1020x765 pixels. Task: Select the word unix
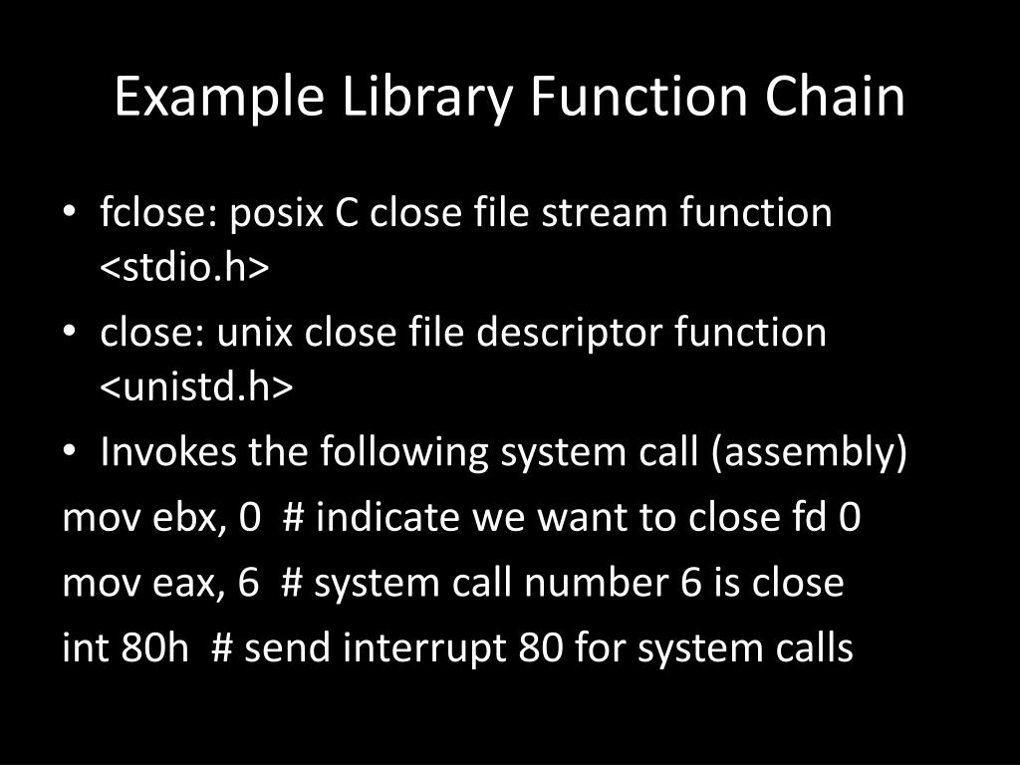[256, 333]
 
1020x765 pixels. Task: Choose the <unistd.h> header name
[196, 388]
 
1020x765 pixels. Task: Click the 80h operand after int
[155, 648]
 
